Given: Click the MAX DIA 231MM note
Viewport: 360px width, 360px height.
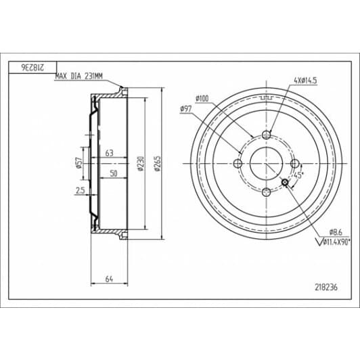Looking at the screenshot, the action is tap(78, 76).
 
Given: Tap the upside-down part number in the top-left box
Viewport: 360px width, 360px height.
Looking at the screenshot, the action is tap(32, 67).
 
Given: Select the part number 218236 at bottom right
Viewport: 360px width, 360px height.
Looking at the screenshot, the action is tap(326, 287).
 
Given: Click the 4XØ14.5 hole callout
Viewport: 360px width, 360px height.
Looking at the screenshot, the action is tap(305, 81).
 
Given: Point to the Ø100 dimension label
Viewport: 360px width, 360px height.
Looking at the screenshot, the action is tap(202, 99).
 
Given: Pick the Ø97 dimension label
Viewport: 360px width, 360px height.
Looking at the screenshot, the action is tap(186, 109).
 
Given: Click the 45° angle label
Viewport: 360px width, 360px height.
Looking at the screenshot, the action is tap(298, 175).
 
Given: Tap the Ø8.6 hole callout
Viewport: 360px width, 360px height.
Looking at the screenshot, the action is tap(336, 232).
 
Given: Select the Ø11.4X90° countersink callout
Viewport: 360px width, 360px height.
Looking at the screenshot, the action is tap(334, 242).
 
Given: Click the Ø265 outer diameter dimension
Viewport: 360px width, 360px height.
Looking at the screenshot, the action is tap(158, 164).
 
